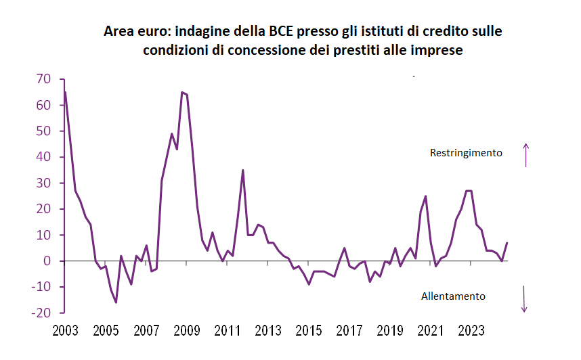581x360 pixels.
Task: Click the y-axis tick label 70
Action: coord(43,79)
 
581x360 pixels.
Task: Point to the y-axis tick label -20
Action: coord(41,313)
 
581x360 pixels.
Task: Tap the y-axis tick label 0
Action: coord(47,261)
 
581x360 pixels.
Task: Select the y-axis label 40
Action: coord(43,157)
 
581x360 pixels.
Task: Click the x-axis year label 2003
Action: coord(65,331)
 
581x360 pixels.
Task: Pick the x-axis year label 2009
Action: coord(187,331)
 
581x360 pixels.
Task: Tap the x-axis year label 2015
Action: coord(309,331)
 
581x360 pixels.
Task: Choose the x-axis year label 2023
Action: coord(471,331)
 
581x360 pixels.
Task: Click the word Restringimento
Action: coord(466,153)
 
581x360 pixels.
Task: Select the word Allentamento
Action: coord(453,296)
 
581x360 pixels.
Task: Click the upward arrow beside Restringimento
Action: coord(525,155)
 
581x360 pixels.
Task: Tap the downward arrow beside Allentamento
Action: coord(524,299)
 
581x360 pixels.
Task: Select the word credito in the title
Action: coord(445,31)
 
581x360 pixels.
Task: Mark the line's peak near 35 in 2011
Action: coord(242,170)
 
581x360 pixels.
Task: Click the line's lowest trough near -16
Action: coord(116,302)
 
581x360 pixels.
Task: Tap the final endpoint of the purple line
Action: coord(507,243)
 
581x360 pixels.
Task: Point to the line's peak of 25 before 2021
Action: coord(425,196)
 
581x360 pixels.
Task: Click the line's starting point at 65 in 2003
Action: coord(65,92)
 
